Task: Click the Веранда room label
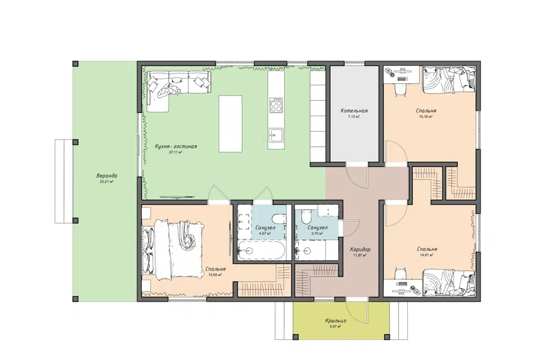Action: click(107, 175)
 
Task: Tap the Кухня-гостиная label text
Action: click(176, 146)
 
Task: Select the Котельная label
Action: click(354, 111)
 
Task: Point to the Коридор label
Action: click(360, 249)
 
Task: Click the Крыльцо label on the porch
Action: click(335, 321)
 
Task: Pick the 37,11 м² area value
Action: click(175, 152)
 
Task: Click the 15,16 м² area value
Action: click(426, 117)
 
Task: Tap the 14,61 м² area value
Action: click(426, 255)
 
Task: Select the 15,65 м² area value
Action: click(215, 275)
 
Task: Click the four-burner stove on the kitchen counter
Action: click(276, 105)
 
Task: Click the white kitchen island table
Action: click(231, 124)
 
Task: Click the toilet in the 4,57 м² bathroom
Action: click(278, 219)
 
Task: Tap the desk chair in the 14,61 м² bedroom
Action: click(400, 274)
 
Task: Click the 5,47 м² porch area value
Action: click(335, 326)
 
